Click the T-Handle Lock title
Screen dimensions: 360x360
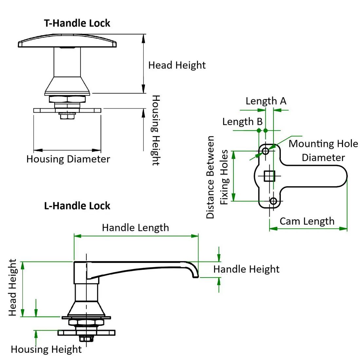click(77, 23)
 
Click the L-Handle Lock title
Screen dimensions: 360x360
click(77, 206)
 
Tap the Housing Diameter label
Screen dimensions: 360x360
click(68, 159)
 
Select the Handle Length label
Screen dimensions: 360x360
click(135, 228)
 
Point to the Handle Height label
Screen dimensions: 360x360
click(246, 269)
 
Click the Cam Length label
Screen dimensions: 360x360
click(307, 221)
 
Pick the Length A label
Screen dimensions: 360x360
click(266, 101)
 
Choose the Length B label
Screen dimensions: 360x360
click(243, 122)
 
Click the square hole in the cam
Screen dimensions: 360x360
click(269, 176)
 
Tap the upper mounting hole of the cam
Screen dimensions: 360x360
click(265, 151)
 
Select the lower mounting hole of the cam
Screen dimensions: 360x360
click(273, 201)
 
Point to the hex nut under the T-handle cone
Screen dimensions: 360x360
click(67, 99)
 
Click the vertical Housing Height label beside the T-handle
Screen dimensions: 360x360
click(156, 130)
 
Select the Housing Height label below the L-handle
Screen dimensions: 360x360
click(46, 350)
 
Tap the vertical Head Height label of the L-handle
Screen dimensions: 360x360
click(12, 287)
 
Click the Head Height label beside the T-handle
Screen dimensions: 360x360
click(177, 65)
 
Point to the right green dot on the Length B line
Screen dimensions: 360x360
click(266, 130)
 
